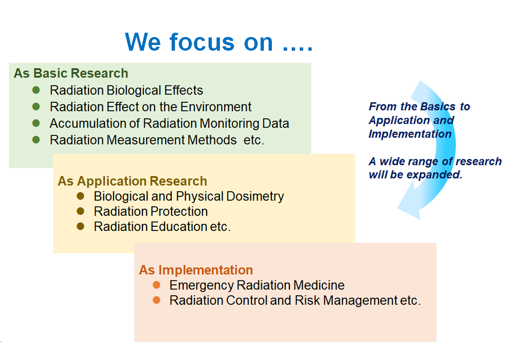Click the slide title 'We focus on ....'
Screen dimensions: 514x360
[x=219, y=42]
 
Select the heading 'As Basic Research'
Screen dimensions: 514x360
[x=71, y=73]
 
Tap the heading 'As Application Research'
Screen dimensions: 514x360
[x=133, y=181]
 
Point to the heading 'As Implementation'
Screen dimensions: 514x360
[x=196, y=270]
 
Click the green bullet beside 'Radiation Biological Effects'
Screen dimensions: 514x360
[x=36, y=90]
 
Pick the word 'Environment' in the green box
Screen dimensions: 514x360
[x=216, y=107]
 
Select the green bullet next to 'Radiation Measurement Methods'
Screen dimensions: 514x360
[x=36, y=140]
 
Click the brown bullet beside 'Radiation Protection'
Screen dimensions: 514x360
[x=80, y=211]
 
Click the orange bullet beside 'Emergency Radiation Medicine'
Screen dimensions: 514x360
[x=157, y=285]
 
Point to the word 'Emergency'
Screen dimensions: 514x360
[x=201, y=285]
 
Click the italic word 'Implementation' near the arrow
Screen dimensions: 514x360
[x=410, y=134]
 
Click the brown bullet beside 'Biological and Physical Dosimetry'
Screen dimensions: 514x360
[x=80, y=196]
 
